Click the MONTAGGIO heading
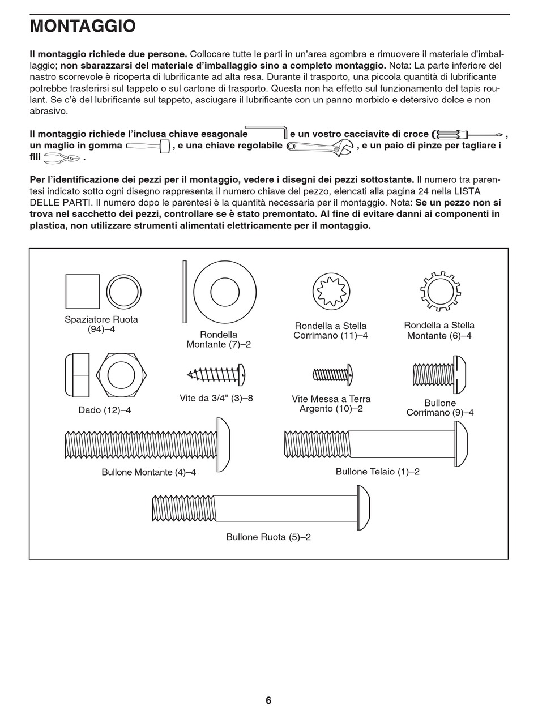tap(83, 27)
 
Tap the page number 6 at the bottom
tap(268, 700)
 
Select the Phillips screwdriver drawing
tap(467, 135)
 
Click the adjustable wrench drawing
tap(320, 147)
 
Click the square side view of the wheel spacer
tap(83, 292)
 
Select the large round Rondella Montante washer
tap(225, 292)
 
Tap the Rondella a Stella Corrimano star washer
tap(331, 292)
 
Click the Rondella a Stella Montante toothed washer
tap(441, 292)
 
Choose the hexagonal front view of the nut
tap(121, 375)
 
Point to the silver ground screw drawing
tap(333, 374)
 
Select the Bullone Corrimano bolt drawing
tap(439, 375)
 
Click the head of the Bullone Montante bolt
tap(223, 444)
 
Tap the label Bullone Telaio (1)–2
tap(377, 472)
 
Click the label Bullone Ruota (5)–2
tap(268, 537)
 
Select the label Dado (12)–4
tap(104, 410)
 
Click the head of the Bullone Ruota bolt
tap(363, 508)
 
